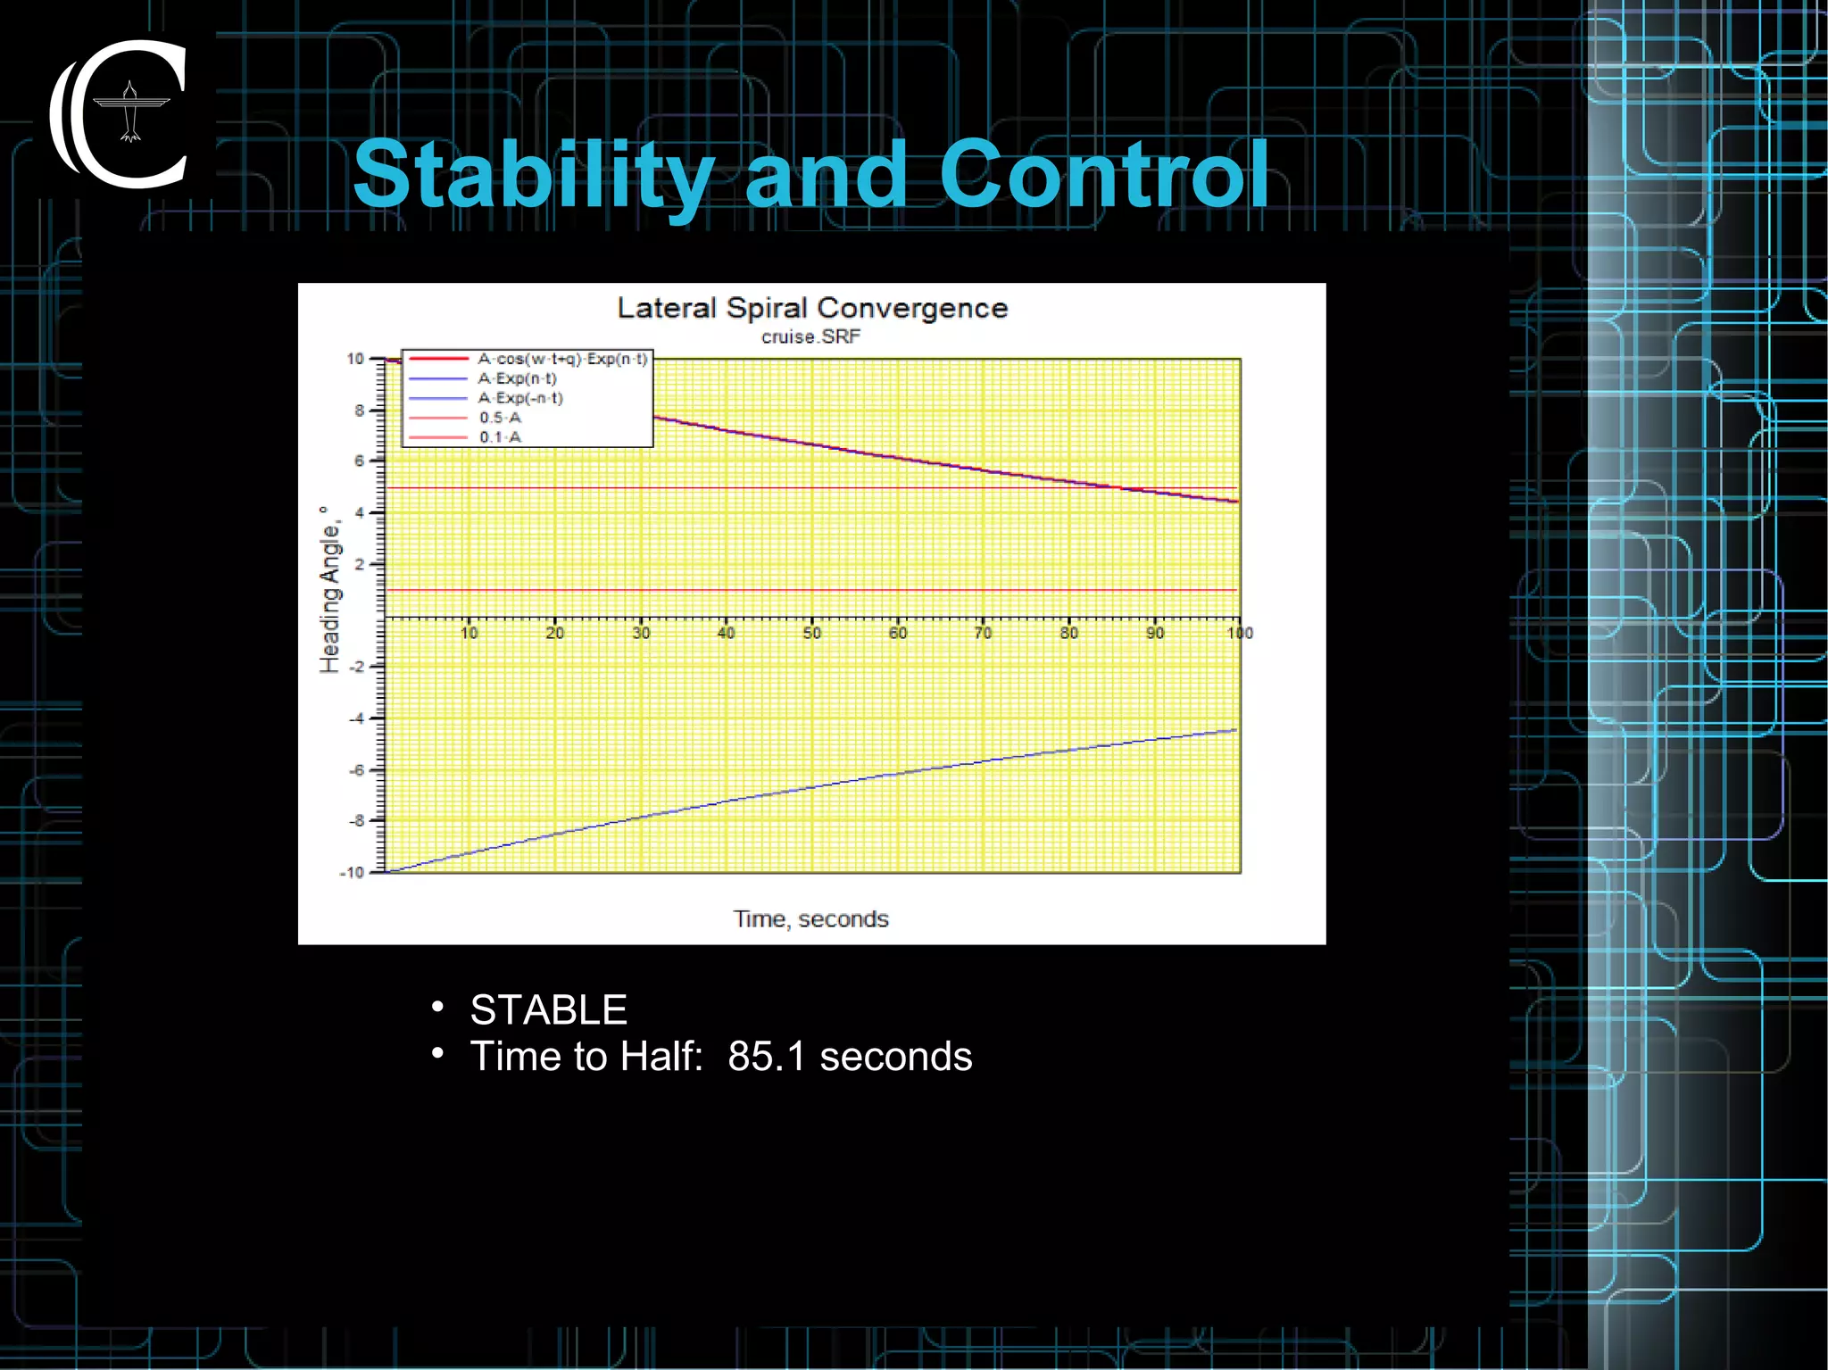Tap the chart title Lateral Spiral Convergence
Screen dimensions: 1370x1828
[812, 308]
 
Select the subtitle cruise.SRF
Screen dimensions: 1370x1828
[810, 337]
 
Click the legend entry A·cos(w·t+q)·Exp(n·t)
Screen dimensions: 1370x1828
[562, 359]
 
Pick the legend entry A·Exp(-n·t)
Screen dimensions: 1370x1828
[520, 398]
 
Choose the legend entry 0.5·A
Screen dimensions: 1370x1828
[500, 418]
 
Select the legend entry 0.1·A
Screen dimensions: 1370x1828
[500, 437]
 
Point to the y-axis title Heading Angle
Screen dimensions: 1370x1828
[330, 590]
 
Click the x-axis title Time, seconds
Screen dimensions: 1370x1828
[810, 919]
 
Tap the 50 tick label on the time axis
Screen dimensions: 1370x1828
[811, 634]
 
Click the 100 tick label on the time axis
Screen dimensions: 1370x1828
[1240, 634]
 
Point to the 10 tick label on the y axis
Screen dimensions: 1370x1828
[355, 359]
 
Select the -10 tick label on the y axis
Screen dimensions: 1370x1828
[353, 873]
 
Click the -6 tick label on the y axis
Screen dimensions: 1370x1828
[356, 770]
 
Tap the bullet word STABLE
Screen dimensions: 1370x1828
[548, 1010]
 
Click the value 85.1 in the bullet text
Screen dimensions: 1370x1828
[766, 1057]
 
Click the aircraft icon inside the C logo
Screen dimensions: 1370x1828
[131, 112]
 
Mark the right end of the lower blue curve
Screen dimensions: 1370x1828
[1236, 730]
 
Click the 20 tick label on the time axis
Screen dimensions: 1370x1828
[554, 634]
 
